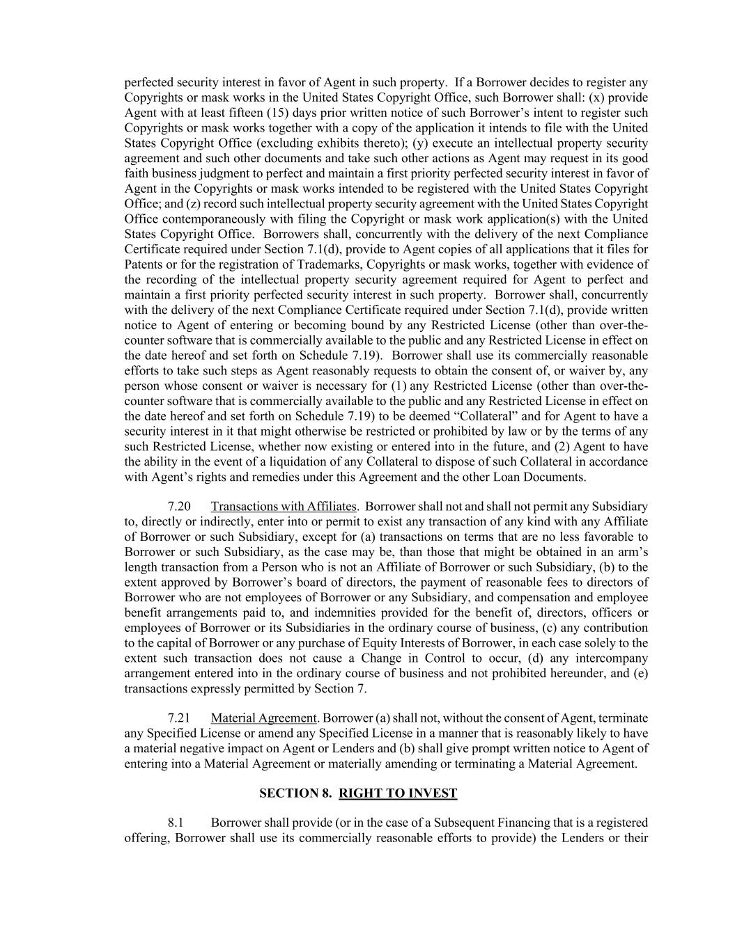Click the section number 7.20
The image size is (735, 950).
(179, 507)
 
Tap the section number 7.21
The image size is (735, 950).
(179, 718)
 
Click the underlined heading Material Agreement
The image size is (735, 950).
(264, 718)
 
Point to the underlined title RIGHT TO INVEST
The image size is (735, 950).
(398, 793)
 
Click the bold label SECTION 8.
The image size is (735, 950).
(295, 793)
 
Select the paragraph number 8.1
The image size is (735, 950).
(176, 823)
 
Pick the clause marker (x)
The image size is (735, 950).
(597, 97)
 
